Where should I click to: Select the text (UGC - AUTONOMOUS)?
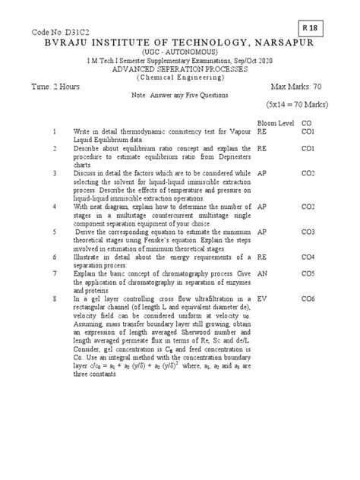coord(180,58)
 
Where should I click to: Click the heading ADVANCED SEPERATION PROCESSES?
coord(180,77)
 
